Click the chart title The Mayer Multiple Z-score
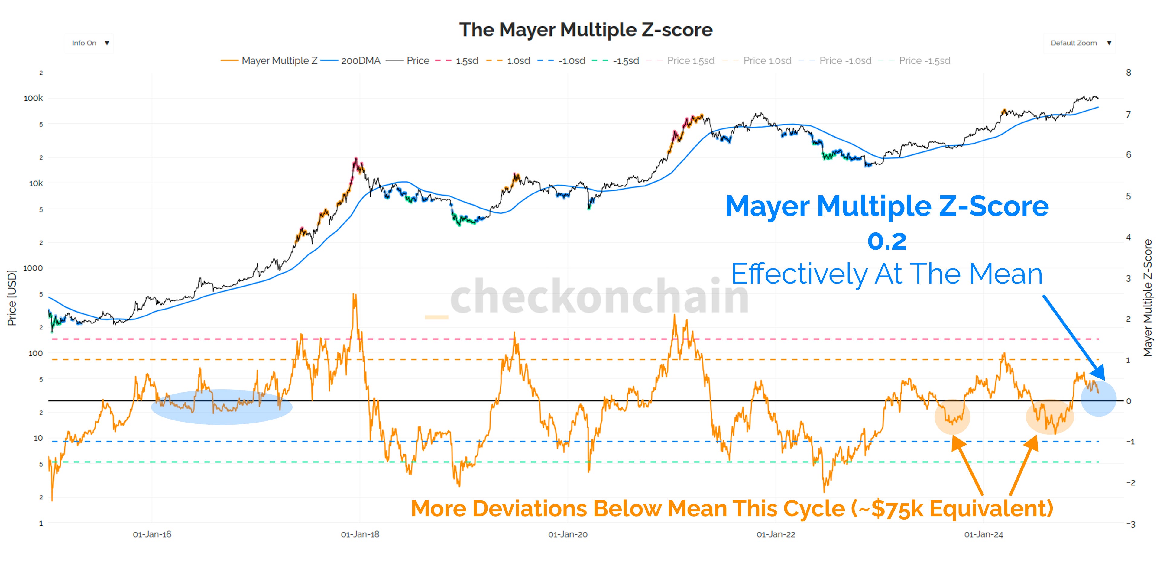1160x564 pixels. (585, 30)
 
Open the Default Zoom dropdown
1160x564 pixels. (1079, 43)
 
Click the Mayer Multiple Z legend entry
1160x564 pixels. (269, 61)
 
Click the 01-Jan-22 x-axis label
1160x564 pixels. (776, 535)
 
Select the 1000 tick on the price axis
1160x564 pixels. (33, 268)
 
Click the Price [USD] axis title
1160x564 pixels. (12, 298)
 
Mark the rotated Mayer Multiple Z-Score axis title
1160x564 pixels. (1148, 298)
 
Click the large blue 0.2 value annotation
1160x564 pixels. (887, 241)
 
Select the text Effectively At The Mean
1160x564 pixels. (887, 274)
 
